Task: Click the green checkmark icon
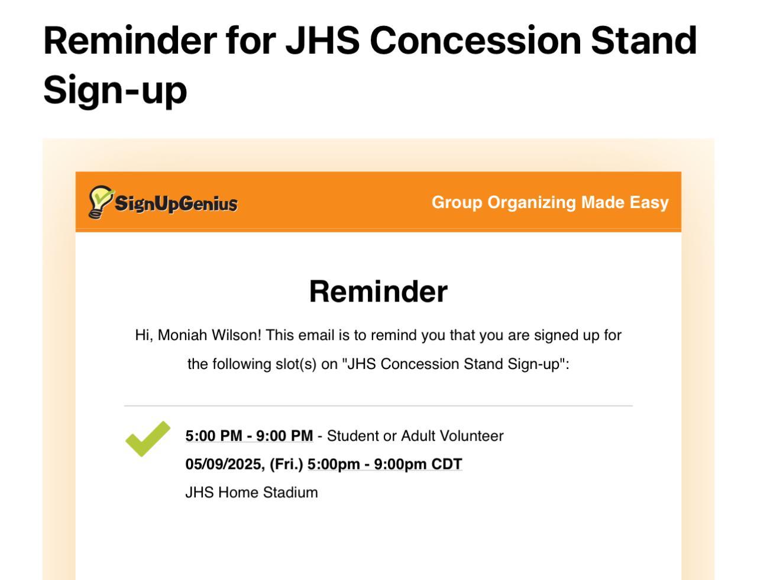click(x=148, y=439)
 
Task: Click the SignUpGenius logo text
click(x=176, y=203)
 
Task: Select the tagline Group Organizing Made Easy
click(x=550, y=203)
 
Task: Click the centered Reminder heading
click(x=378, y=291)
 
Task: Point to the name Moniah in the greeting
click(x=182, y=335)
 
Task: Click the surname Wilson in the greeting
click(x=236, y=335)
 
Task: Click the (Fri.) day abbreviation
click(x=286, y=464)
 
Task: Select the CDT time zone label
click(x=447, y=464)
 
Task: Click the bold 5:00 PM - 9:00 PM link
click(x=249, y=436)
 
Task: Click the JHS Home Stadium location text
click(x=251, y=492)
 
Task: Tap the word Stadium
click(x=290, y=492)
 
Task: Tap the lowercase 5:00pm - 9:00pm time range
click(x=367, y=464)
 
